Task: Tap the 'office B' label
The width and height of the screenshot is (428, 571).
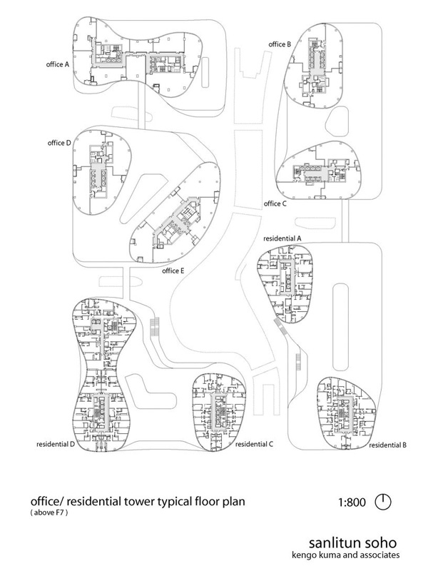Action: [x=279, y=45]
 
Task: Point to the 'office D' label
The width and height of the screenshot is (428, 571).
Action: [x=58, y=143]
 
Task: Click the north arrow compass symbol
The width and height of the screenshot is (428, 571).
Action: [x=384, y=502]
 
